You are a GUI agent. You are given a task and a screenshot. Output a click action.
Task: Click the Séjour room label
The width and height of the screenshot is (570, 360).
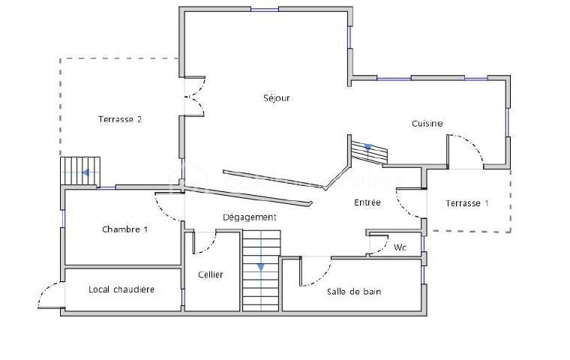tap(276, 98)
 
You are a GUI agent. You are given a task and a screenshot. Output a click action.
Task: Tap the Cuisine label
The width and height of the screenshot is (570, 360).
tap(427, 124)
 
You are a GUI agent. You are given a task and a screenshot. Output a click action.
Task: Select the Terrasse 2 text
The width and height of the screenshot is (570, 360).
tap(120, 119)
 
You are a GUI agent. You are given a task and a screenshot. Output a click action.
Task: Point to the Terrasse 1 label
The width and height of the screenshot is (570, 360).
tap(466, 203)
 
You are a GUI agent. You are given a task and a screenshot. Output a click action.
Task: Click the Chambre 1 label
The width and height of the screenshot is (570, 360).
tap(124, 229)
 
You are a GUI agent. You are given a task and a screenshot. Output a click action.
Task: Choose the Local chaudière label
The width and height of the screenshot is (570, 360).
tap(121, 289)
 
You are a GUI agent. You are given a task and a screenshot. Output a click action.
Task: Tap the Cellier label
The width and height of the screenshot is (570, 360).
tap(211, 274)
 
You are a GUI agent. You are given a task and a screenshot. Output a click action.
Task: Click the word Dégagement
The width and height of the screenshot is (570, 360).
tap(250, 217)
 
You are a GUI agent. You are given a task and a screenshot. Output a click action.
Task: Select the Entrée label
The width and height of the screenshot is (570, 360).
tap(367, 202)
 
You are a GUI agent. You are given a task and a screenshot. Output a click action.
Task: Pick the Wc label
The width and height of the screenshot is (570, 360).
tap(400, 247)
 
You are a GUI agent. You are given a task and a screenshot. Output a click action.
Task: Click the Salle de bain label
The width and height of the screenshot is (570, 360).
tap(354, 292)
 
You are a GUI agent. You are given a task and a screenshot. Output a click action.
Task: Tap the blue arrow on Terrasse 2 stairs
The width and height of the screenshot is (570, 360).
tap(86, 172)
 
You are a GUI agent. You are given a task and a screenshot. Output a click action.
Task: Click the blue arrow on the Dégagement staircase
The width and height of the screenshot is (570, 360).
tap(260, 266)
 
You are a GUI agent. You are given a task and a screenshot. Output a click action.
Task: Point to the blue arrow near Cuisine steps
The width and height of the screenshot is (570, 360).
tap(367, 148)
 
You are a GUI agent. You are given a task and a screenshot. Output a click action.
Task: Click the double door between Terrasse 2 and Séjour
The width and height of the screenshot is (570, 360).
tap(193, 97)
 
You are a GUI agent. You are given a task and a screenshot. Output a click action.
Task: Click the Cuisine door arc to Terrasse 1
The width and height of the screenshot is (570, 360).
tap(469, 150)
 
